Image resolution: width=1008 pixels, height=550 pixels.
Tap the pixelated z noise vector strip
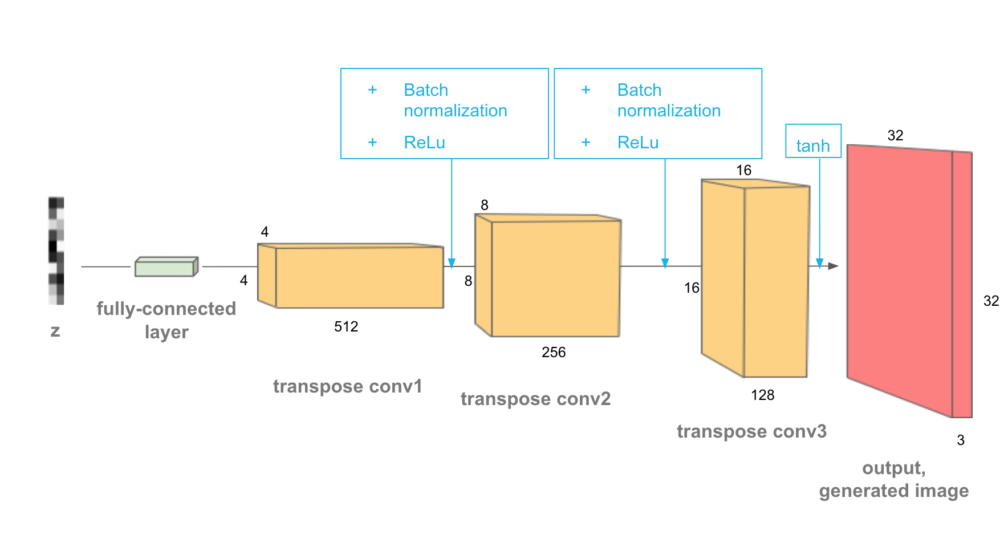56,250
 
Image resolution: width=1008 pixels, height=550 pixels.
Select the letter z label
55,331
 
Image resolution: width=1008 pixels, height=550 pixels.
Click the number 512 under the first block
346,326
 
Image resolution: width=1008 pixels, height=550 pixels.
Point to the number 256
554,352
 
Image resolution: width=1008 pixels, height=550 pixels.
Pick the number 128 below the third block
762,395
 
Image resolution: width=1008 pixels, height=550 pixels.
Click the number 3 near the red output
961,440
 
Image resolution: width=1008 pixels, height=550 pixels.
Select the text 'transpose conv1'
348,386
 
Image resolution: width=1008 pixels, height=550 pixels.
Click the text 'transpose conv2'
535,399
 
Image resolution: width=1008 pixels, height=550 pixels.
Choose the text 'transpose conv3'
751,431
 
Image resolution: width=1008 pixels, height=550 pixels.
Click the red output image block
901,280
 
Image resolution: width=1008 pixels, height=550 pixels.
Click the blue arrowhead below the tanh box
820,263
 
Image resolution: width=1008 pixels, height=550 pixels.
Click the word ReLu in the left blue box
424,142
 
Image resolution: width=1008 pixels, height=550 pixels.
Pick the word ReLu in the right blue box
638,142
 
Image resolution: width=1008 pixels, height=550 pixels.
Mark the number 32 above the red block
895,135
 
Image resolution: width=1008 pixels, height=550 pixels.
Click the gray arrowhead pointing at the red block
834,266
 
